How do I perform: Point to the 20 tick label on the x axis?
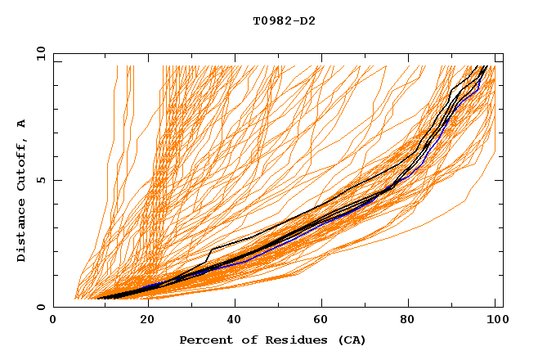tap(147, 321)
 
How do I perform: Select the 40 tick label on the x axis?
tap(235, 321)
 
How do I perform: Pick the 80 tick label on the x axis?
tap(406, 321)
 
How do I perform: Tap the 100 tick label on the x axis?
tap(494, 321)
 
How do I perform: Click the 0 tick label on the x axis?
tap(53, 321)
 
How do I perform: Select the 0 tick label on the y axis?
tap(41, 308)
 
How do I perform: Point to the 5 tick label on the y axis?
tap(41, 180)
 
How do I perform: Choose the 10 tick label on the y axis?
tap(38, 53)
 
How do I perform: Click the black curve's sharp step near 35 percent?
tap(211, 250)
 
